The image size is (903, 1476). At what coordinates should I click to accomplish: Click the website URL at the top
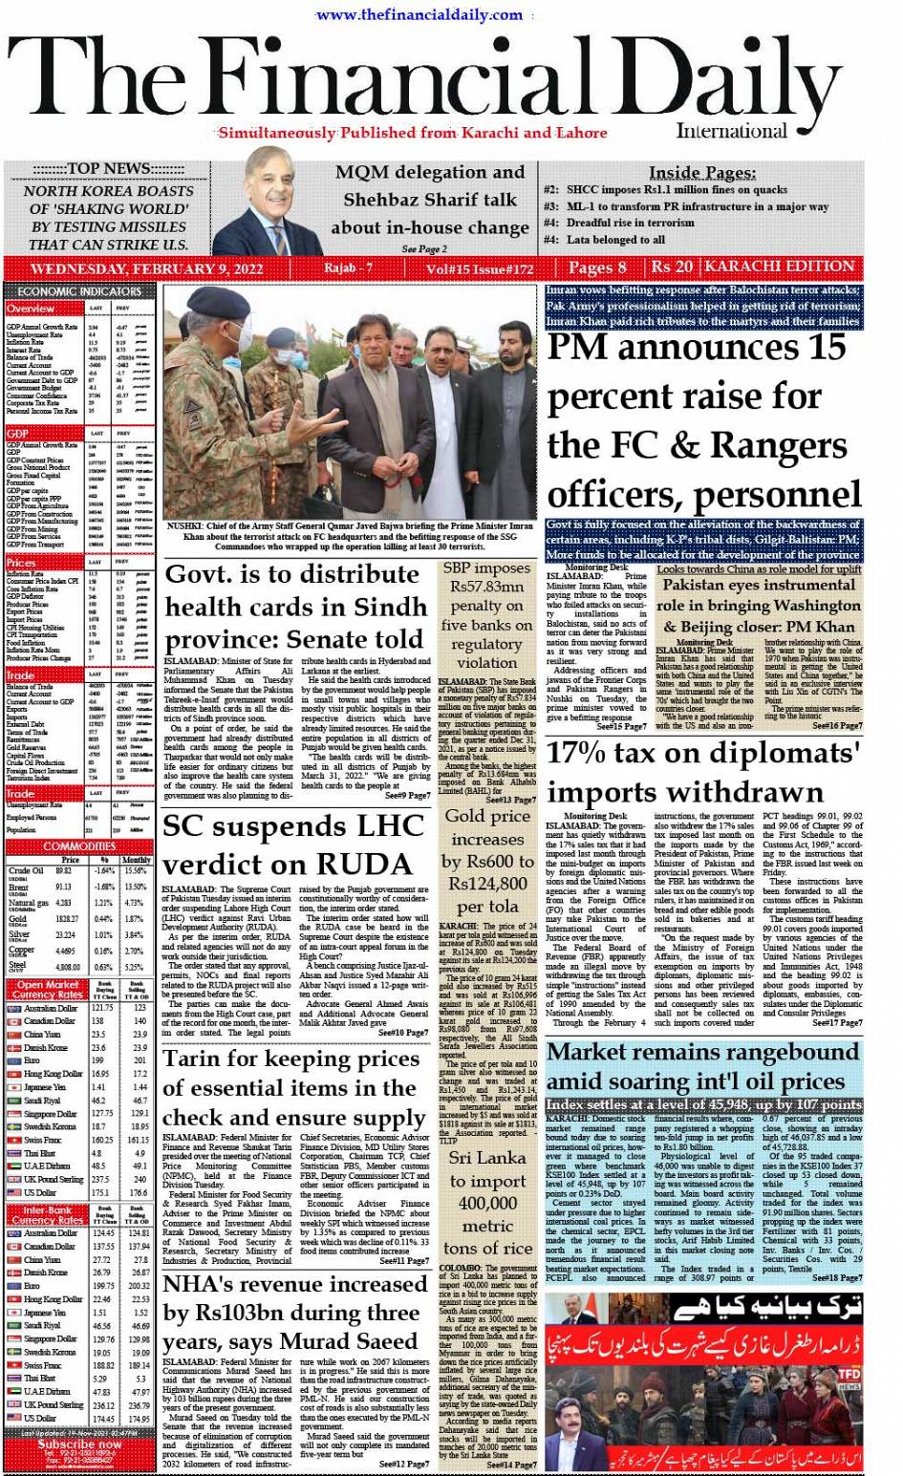pyautogui.click(x=419, y=14)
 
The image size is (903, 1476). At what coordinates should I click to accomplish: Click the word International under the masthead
pyautogui.click(x=731, y=132)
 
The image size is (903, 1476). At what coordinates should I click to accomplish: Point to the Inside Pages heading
pyautogui.click(x=702, y=172)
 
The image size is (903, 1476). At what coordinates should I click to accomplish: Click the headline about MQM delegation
pyautogui.click(x=429, y=200)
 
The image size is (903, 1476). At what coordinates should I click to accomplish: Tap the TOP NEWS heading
pyautogui.click(x=108, y=169)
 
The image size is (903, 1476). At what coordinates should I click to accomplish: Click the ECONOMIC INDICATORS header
pyautogui.click(x=79, y=291)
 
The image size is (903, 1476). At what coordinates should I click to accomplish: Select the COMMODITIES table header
pyautogui.click(x=79, y=846)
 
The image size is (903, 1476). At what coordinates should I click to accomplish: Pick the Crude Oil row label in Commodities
pyautogui.click(x=26, y=871)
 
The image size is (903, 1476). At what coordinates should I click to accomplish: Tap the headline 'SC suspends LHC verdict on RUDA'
pyautogui.click(x=287, y=844)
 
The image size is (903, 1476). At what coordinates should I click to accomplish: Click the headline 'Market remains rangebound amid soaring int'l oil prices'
pyautogui.click(x=702, y=1066)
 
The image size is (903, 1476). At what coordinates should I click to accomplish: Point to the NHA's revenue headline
pyautogui.click(x=294, y=1313)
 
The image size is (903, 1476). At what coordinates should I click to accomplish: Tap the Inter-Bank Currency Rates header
pyautogui.click(x=47, y=1215)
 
